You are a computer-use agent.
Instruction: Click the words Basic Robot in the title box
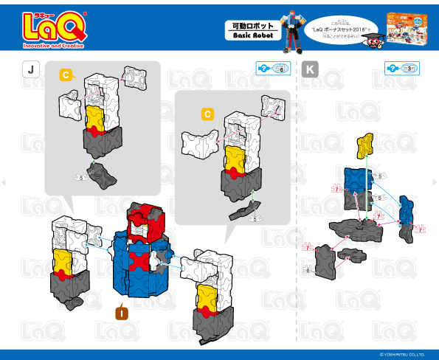(x=248, y=35)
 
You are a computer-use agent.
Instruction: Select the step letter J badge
(x=30, y=69)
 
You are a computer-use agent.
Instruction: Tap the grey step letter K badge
(x=311, y=69)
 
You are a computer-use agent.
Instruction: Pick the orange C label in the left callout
(x=65, y=75)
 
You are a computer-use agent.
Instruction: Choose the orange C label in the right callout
(x=207, y=114)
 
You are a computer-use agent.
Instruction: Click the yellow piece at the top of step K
(x=364, y=145)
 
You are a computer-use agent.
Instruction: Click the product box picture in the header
(x=409, y=30)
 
